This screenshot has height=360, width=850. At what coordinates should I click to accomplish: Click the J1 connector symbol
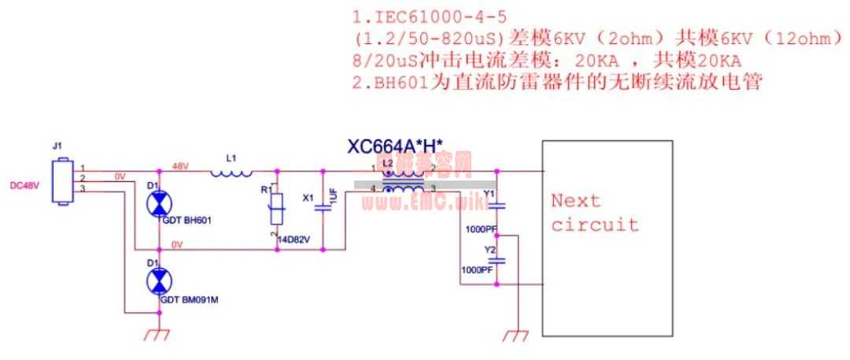click(61, 182)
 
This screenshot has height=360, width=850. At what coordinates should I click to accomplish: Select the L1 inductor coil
click(232, 172)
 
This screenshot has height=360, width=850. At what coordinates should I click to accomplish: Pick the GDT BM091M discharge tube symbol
click(159, 280)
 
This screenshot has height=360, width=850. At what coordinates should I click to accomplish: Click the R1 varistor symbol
click(276, 211)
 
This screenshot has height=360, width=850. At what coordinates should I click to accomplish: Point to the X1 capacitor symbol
click(323, 209)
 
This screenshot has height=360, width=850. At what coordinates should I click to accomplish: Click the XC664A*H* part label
click(395, 146)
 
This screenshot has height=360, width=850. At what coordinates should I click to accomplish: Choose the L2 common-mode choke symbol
click(402, 180)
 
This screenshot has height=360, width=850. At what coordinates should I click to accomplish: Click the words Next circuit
click(594, 213)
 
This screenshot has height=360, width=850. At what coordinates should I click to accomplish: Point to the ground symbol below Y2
click(516, 336)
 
